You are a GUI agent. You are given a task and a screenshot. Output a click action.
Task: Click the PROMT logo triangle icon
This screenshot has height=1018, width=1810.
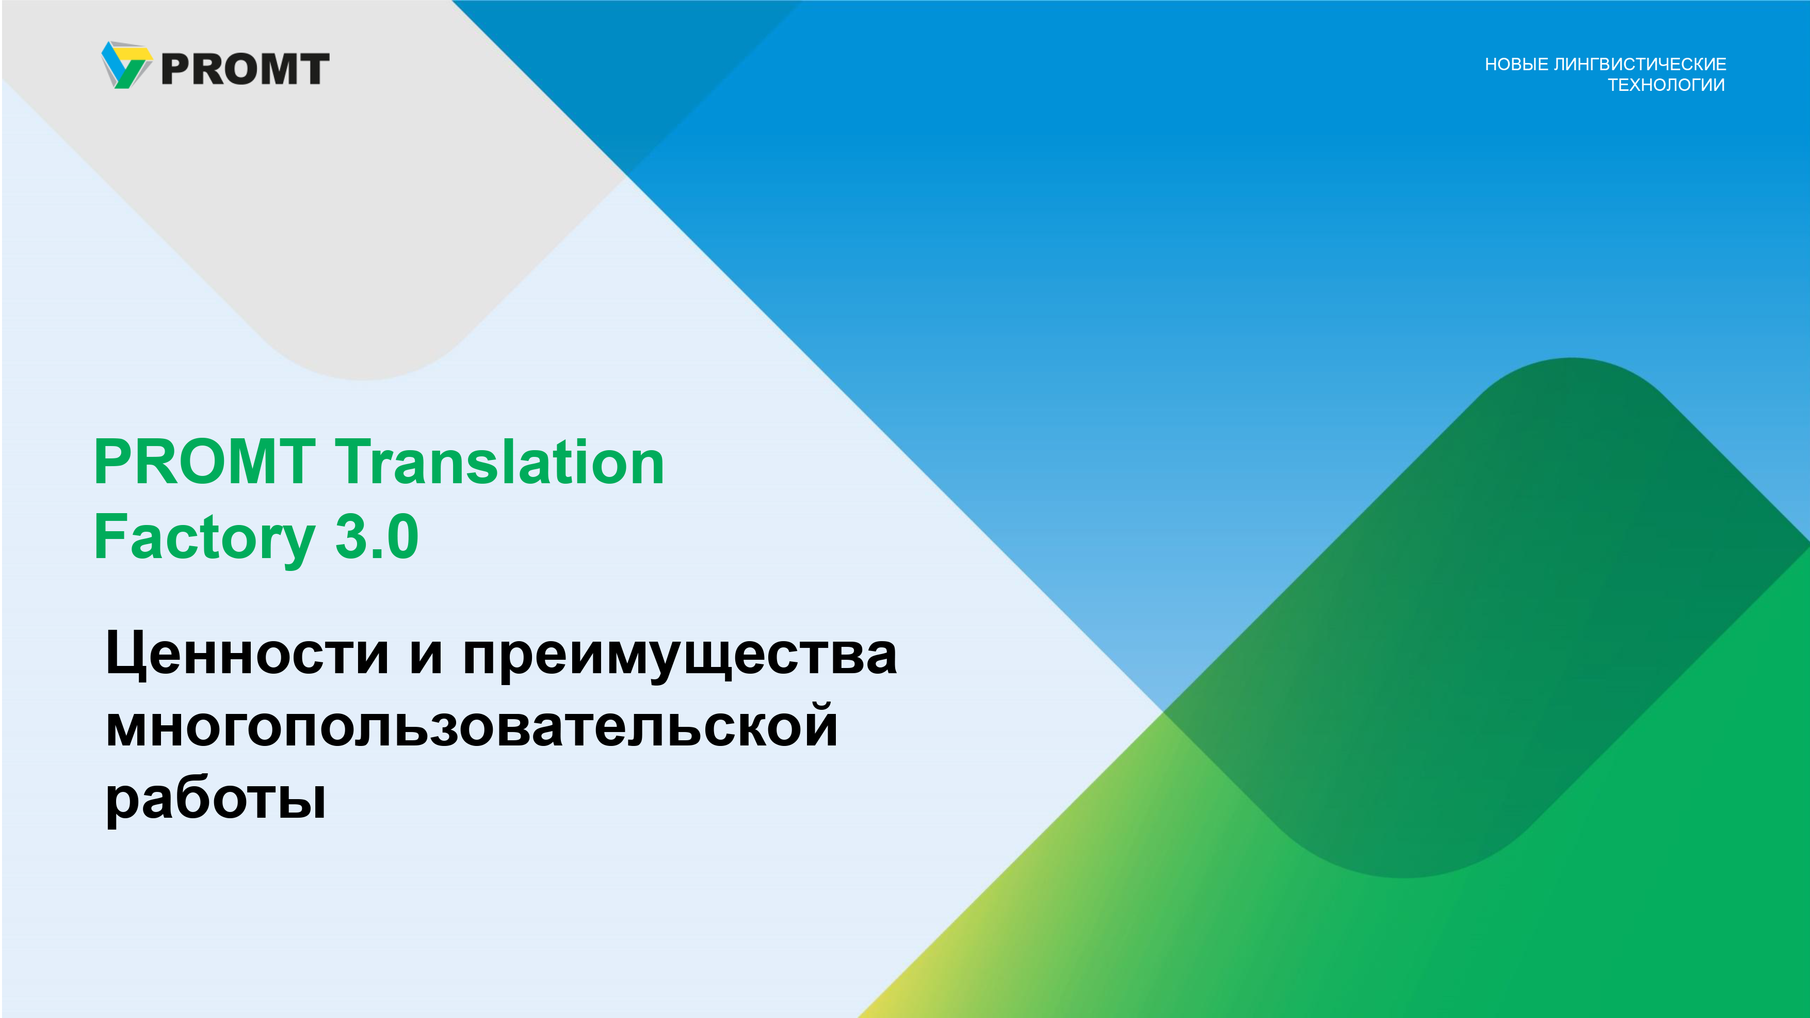tap(126, 65)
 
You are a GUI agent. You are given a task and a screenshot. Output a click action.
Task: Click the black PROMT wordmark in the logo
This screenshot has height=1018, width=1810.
tap(245, 69)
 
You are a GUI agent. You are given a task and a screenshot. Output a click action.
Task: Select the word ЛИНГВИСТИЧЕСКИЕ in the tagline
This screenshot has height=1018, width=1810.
tap(1640, 64)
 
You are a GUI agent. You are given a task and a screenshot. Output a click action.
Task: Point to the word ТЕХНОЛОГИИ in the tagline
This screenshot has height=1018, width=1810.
tap(1666, 85)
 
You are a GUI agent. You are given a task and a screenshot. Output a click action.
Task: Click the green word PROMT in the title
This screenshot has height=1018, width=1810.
tap(204, 462)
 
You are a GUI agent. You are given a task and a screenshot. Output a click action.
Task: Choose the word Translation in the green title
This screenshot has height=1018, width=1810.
tap(499, 462)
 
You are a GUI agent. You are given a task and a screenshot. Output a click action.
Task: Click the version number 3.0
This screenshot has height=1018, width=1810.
tap(377, 536)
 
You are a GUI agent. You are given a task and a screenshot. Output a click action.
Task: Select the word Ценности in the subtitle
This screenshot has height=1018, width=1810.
tap(247, 654)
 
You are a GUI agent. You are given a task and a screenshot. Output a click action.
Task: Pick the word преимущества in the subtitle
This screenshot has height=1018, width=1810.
tap(680, 657)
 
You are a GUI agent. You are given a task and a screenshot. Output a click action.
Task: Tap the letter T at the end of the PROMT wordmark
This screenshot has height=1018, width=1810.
tap(313, 69)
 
